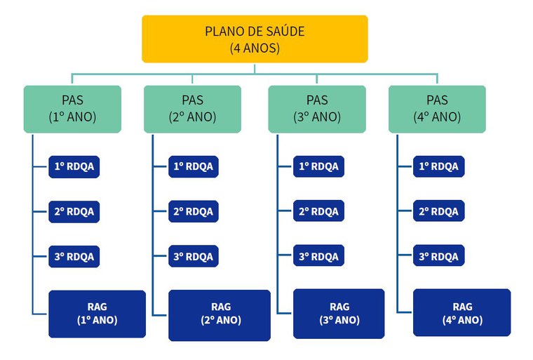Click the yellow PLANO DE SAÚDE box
255,39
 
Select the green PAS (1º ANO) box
72,109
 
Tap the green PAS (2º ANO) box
192,109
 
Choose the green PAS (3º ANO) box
316,109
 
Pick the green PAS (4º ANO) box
437,109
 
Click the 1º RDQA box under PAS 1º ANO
74,166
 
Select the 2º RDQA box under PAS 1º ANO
74,211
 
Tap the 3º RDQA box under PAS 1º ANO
74,256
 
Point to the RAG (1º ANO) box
97,314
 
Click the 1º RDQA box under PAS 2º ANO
194,166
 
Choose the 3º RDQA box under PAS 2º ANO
194,256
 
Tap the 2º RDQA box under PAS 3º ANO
318,211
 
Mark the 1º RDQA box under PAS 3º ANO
318,166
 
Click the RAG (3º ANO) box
339,314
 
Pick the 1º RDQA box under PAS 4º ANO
438,166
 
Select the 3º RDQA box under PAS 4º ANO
438,256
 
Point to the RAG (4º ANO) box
461,313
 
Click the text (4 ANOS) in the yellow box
255,48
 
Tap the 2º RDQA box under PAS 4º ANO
438,211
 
